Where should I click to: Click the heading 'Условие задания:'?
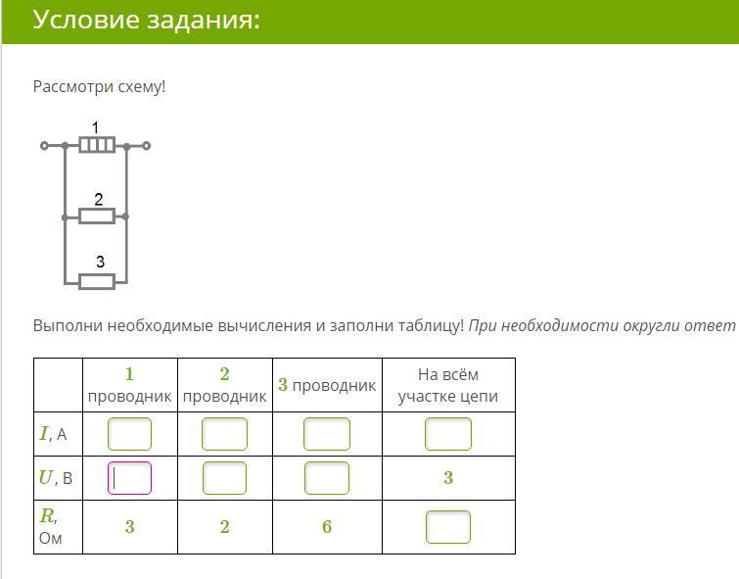tap(147, 21)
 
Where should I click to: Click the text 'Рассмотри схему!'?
tap(100, 87)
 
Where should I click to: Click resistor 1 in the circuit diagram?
tap(97, 145)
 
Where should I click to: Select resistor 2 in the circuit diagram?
tap(97, 216)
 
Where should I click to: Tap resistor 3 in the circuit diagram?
tap(97, 282)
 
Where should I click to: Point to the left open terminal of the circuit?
tap(44, 146)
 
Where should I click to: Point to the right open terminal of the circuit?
tap(147, 146)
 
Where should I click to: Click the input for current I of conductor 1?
tap(129, 434)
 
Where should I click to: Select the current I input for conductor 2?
tap(224, 434)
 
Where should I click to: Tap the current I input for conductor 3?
tap(327, 434)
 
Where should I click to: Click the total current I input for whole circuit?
tap(448, 434)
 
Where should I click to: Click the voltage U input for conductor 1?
tap(129, 478)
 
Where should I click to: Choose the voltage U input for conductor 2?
tap(224, 478)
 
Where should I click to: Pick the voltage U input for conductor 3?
tap(327, 478)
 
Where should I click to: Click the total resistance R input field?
tap(448, 527)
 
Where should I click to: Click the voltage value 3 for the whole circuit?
tap(448, 478)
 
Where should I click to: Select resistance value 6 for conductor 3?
tap(327, 527)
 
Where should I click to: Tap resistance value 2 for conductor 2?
tap(224, 527)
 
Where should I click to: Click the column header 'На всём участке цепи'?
tap(448, 385)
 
